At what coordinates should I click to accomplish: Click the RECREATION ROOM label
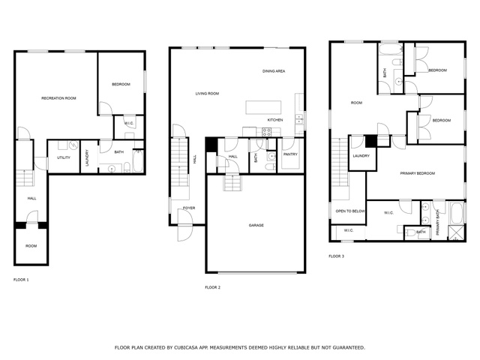click(x=58, y=98)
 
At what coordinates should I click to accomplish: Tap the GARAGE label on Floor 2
click(x=256, y=225)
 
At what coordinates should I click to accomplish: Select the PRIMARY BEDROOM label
click(x=418, y=173)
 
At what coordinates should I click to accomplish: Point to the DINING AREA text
click(x=274, y=71)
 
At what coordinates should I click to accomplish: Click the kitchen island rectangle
click(x=263, y=107)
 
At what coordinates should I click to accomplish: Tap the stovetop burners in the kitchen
click(x=267, y=132)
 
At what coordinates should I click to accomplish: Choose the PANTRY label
click(x=290, y=154)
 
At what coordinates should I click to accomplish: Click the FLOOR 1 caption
click(x=21, y=280)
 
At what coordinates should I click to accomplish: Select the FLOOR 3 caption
click(x=337, y=256)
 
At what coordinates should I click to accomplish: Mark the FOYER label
click(x=189, y=208)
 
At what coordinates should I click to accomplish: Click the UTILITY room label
click(x=64, y=157)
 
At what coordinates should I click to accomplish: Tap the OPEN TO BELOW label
click(x=350, y=211)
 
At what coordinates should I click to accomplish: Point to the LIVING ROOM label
click(x=207, y=94)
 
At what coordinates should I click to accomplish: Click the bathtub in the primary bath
click(x=457, y=213)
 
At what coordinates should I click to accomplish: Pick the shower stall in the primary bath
click(x=456, y=232)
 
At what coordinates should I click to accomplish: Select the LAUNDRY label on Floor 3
click(x=361, y=156)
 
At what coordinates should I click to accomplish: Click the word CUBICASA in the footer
click(x=186, y=348)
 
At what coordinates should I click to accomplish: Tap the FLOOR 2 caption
click(x=213, y=287)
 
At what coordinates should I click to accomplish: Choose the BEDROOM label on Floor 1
click(x=121, y=84)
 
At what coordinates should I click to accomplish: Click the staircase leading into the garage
click(x=232, y=182)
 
